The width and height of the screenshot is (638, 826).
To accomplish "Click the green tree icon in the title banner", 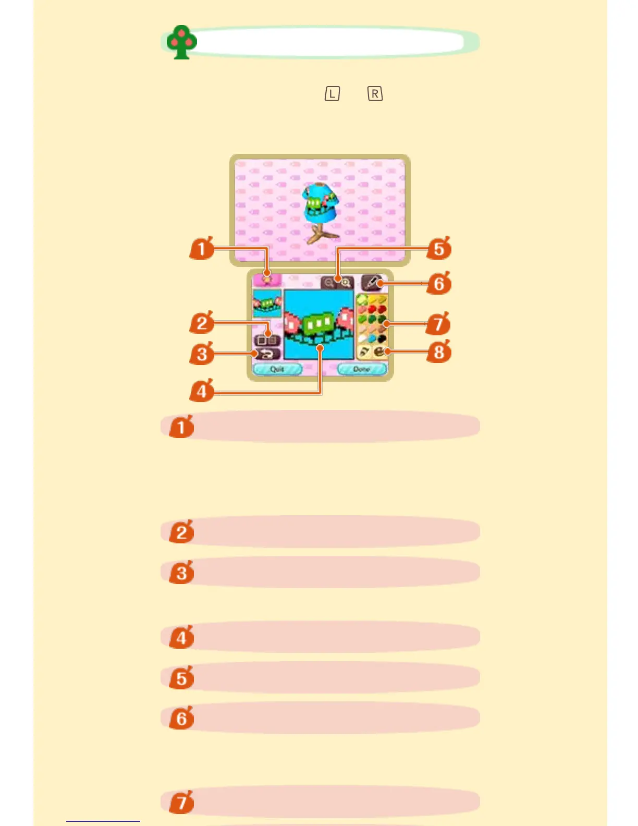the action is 181,42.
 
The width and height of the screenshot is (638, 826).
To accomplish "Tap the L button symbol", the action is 332,94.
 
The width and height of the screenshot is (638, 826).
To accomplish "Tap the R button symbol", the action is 375,94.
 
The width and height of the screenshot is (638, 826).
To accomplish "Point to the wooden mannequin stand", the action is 318,234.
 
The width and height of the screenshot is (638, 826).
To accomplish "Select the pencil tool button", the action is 371,282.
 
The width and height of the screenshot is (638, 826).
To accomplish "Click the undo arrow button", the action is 267,354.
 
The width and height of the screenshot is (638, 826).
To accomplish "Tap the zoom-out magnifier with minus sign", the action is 329,283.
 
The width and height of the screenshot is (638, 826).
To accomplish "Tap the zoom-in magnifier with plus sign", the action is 346,283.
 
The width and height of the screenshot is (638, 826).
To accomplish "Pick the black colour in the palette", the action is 382,339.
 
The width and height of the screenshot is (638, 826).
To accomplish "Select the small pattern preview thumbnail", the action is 267,303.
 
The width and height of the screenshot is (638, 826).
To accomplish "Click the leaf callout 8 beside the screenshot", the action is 439,352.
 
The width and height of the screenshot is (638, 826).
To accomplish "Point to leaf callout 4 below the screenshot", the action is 202,391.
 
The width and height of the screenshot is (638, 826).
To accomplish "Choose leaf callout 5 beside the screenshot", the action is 439,248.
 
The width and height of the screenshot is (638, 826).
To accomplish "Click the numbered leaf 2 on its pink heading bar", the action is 181,532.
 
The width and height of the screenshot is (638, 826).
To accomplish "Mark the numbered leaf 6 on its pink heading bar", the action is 181,718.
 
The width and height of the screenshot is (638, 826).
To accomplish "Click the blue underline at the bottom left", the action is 103,821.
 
